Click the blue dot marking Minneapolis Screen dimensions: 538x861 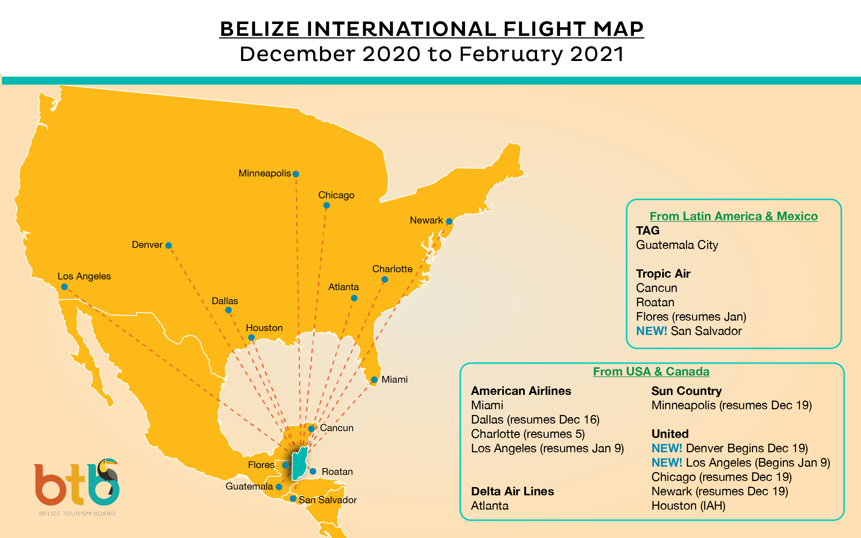[x=296, y=174]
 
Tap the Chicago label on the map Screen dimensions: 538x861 [x=336, y=195]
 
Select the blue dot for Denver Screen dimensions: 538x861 [x=169, y=246]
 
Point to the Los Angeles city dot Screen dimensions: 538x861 [x=65, y=287]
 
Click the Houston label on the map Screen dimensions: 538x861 [x=264, y=328]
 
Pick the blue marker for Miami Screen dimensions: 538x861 [x=374, y=379]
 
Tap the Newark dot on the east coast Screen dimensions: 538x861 [x=449, y=221]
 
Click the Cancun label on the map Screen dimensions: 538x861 [x=337, y=428]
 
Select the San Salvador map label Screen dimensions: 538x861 [x=328, y=500]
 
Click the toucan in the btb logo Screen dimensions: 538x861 [x=107, y=470]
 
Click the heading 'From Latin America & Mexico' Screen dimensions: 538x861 [x=734, y=216]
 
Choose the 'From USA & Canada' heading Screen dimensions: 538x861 [x=651, y=372]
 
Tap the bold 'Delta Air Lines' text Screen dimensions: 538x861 [x=512, y=491]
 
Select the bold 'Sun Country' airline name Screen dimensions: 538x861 [x=686, y=391]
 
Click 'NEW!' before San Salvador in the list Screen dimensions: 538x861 [x=651, y=331]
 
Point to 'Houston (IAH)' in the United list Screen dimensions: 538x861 [x=688, y=506]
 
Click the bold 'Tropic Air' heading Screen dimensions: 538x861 [x=663, y=274]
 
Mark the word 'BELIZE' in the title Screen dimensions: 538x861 [x=260, y=29]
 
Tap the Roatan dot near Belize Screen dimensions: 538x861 [x=313, y=471]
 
